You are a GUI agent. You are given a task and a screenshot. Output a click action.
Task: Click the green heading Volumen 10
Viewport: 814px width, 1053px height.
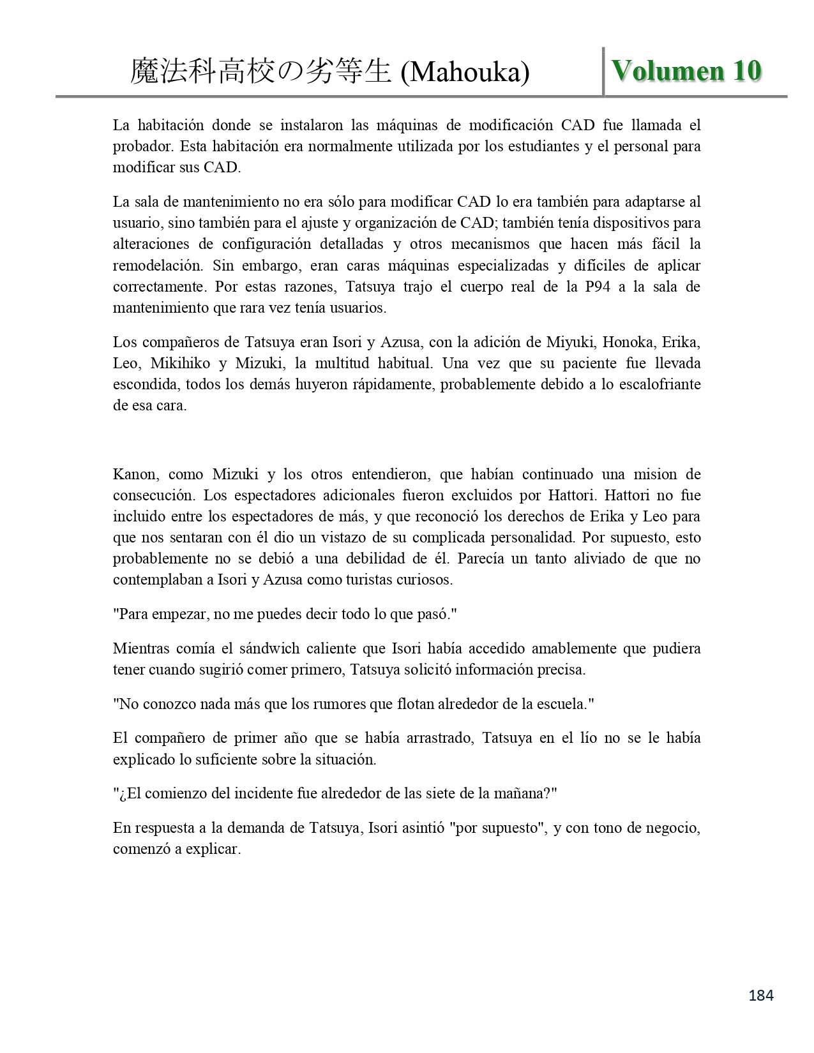pyautogui.click(x=686, y=71)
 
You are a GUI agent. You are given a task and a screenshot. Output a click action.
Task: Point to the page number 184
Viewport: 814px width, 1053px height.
pyautogui.click(x=760, y=995)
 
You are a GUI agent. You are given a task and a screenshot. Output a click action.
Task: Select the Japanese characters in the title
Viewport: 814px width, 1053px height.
pyautogui.click(x=260, y=72)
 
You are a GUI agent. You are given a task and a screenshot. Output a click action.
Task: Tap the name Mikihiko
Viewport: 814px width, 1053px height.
pyautogui.click(x=180, y=364)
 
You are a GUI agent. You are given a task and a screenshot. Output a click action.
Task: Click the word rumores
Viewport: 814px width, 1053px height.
pyautogui.click(x=340, y=705)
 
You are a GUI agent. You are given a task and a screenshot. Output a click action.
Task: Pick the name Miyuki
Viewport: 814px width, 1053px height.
pyautogui.click(x=570, y=342)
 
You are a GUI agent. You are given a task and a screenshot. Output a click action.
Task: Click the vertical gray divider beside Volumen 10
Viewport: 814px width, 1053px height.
pyautogui.click(x=603, y=71)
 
